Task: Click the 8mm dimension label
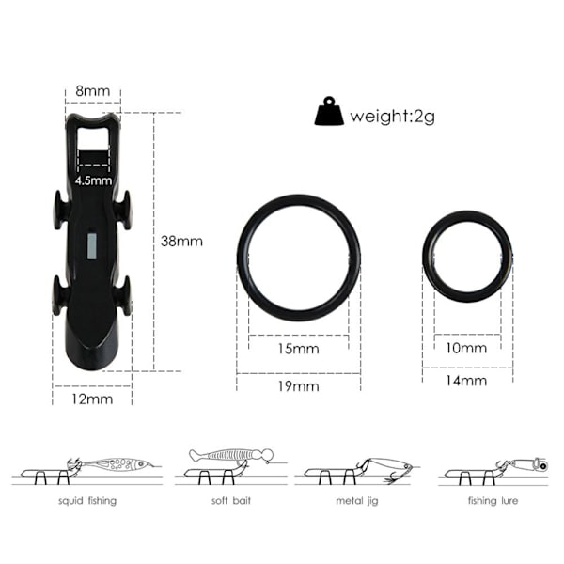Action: (x=92, y=90)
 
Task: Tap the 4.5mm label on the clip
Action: (x=93, y=180)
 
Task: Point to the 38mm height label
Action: (x=181, y=241)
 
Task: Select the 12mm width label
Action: (x=92, y=399)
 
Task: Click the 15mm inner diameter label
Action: (x=298, y=349)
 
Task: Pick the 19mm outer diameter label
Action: (x=298, y=386)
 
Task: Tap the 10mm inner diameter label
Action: (x=466, y=348)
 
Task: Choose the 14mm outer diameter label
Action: (x=466, y=380)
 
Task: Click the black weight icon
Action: (x=329, y=111)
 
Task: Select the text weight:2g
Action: (x=392, y=117)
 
